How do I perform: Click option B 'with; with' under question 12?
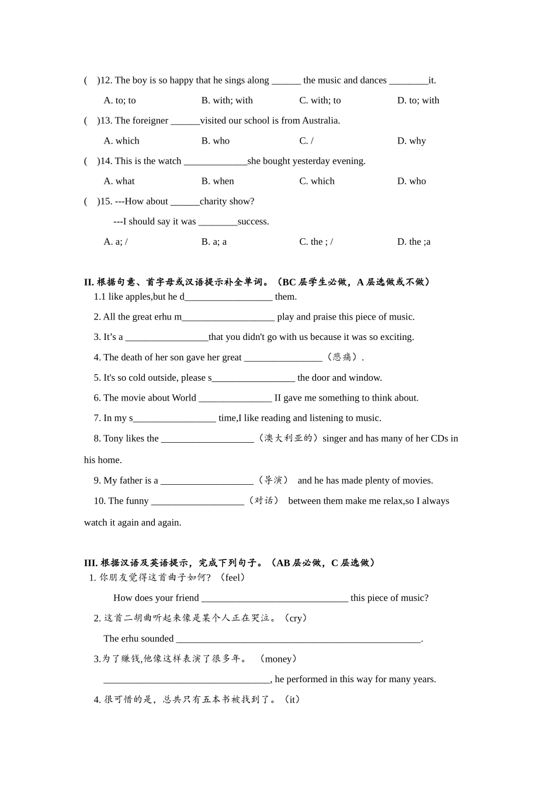tap(227, 100)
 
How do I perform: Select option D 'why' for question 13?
tap(411, 141)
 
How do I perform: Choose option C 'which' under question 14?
tap(317, 181)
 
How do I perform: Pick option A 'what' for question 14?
tap(119, 181)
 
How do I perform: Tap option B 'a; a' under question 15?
tap(214, 242)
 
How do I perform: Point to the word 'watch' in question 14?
tap(169, 161)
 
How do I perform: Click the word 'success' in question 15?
tap(253, 222)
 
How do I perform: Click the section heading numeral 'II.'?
tap(89, 282)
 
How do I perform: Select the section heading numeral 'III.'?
tap(91, 563)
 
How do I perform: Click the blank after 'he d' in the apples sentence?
tap(228, 297)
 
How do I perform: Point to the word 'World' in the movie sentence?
tap(184, 398)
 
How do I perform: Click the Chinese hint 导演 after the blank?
tap(273, 480)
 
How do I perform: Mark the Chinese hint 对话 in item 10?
tap(263, 501)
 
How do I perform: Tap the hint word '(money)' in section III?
tap(278, 659)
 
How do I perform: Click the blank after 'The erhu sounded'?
tap(298, 639)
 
